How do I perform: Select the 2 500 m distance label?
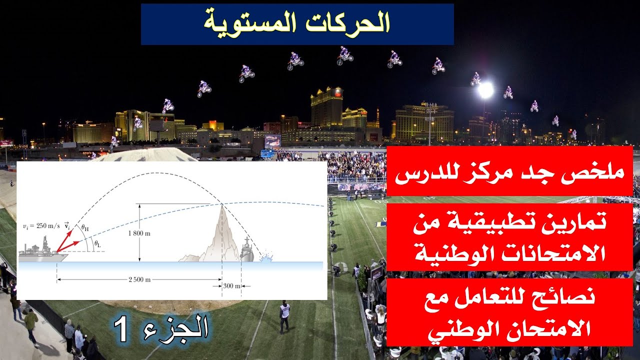pos(139,279)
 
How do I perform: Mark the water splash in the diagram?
pos(266,259)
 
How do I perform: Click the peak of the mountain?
pos(221,205)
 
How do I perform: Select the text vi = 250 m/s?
pos(41,226)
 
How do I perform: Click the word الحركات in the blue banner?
pos(358,23)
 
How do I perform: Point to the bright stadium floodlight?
pos(485,90)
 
